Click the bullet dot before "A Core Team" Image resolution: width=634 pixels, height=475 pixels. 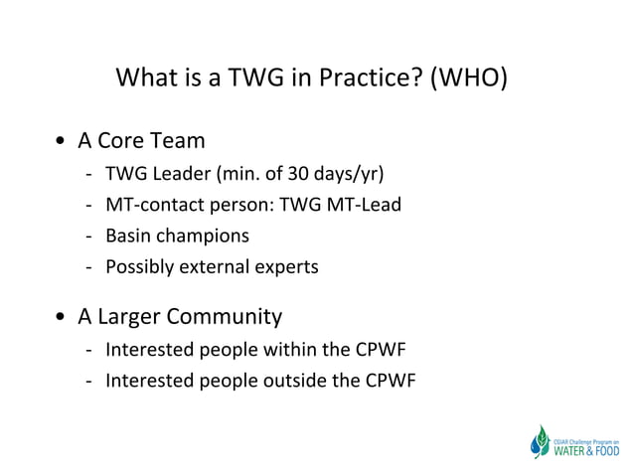(63, 142)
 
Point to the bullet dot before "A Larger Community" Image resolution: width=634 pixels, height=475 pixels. (63, 318)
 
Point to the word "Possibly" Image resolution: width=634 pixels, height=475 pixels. (138, 267)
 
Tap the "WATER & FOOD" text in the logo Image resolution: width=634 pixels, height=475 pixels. (585, 450)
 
